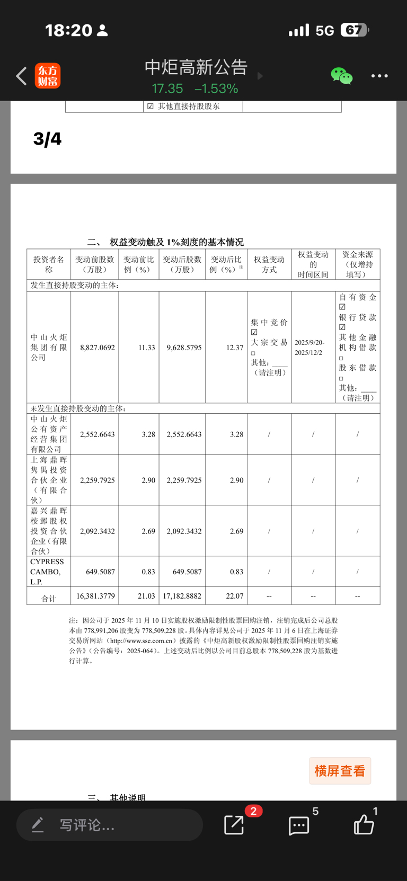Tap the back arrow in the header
point(21,76)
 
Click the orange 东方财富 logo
point(48,76)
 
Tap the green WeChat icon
point(341,76)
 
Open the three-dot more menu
point(379,76)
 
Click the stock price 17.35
point(167,88)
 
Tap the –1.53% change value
point(216,88)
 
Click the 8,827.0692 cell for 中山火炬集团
point(98,348)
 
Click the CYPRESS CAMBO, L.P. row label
point(48,572)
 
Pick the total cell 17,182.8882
point(182,596)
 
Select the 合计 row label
point(49,598)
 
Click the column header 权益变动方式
point(269,264)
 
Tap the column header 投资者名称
point(49,264)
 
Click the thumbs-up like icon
point(364,825)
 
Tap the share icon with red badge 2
point(234,824)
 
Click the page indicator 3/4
point(47,139)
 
